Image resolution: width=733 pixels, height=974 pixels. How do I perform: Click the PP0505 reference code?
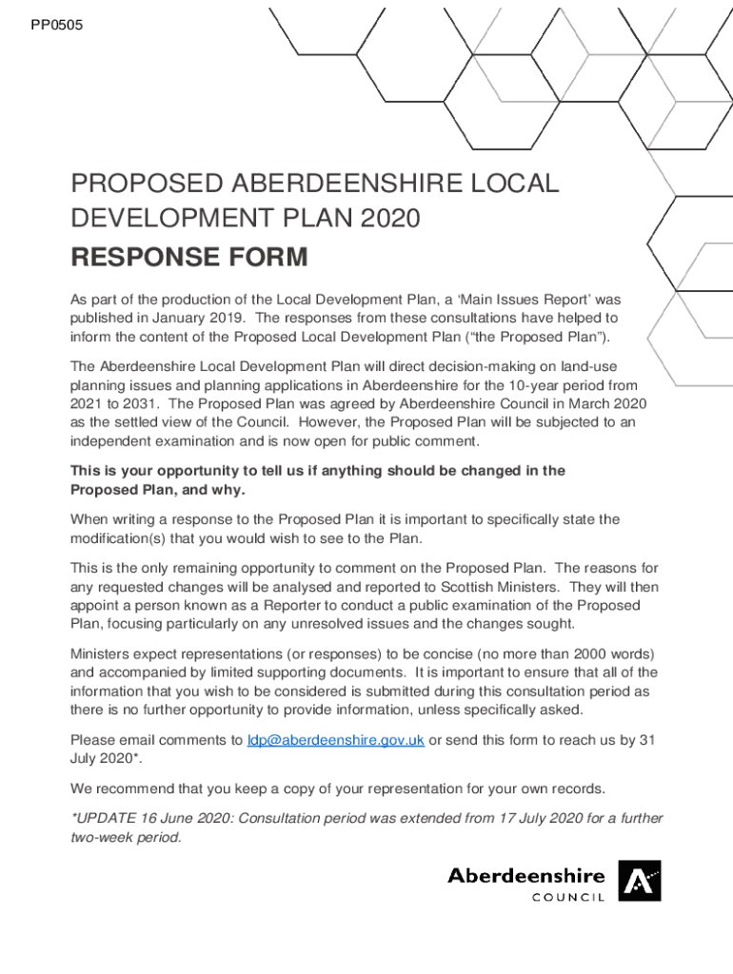(x=56, y=25)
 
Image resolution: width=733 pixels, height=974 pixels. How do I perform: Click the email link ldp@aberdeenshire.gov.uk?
(x=335, y=740)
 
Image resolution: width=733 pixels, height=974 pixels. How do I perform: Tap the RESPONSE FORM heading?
(x=189, y=257)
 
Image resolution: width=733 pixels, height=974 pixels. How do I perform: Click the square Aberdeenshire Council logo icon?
(x=639, y=881)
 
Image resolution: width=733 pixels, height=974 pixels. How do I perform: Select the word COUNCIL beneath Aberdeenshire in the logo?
(x=567, y=897)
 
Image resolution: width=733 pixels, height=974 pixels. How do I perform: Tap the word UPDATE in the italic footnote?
(x=104, y=819)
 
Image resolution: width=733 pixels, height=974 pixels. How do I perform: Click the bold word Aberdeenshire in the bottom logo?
(x=525, y=875)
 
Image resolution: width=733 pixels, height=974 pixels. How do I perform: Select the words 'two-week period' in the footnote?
(x=123, y=838)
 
